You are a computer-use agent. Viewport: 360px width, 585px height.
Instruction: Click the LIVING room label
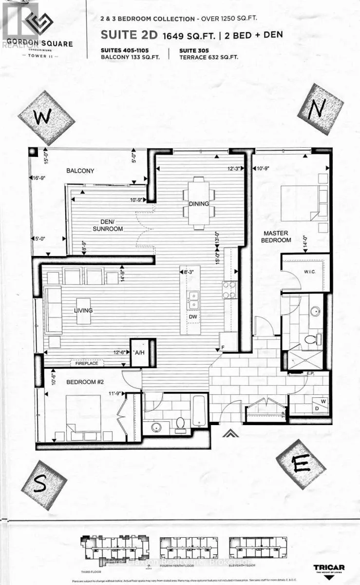(83, 311)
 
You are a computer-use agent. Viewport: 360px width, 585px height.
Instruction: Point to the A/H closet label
(139, 352)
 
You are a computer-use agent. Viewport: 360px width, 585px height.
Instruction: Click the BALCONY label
(80, 171)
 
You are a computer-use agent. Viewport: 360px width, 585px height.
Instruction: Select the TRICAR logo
(329, 569)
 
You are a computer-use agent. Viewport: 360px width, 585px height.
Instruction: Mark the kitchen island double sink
(193, 300)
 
